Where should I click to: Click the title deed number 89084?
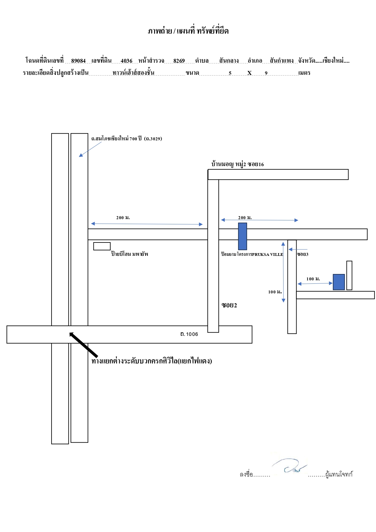tap(78, 61)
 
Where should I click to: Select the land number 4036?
tap(126, 61)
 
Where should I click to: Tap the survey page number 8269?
tap(179, 61)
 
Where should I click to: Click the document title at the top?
tap(188, 31)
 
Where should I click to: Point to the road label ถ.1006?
tap(189, 334)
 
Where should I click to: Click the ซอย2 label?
tap(229, 305)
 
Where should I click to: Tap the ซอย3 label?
tap(303, 254)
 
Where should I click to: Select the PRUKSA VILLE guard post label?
tap(252, 254)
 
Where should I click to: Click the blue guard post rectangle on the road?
tap(243, 236)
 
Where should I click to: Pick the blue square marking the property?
tap(339, 282)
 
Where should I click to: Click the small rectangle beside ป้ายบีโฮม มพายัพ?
tap(102, 246)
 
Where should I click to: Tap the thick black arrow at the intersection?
tap(83, 345)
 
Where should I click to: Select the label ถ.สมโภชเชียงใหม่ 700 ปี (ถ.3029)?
tap(127, 139)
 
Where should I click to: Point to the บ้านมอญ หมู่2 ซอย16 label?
tap(237, 164)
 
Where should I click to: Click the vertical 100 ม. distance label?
tap(275, 292)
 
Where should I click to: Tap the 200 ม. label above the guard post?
tap(245, 218)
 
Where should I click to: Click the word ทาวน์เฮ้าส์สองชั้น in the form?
tap(133, 73)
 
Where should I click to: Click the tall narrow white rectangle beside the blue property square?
tap(349, 275)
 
